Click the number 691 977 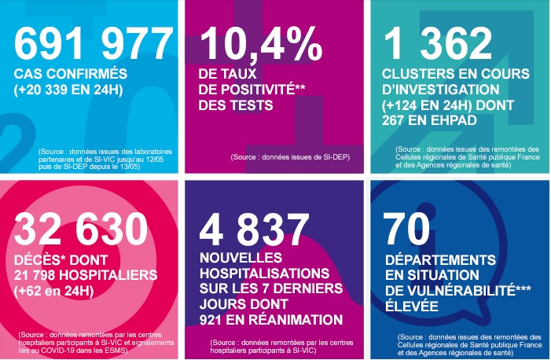[x=93, y=44]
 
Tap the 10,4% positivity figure [x=260, y=44]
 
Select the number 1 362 [x=438, y=44]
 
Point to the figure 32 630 [x=81, y=230]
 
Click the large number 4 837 [x=254, y=230]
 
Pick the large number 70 [x=406, y=230]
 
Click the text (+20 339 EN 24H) [x=68, y=90]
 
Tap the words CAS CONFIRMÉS [x=71, y=74]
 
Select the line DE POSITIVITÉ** [x=252, y=90]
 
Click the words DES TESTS [x=236, y=105]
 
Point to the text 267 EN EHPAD [x=429, y=120]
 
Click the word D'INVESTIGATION [x=441, y=90]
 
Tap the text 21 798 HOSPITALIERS [x=86, y=275]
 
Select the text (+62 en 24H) [x=54, y=291]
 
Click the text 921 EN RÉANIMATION [x=271, y=320]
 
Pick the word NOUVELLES [x=241, y=258]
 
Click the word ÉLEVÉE [x=412, y=306]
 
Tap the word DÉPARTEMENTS [x=440, y=260]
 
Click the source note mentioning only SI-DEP [x=290, y=157]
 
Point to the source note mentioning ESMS [x=96, y=343]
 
